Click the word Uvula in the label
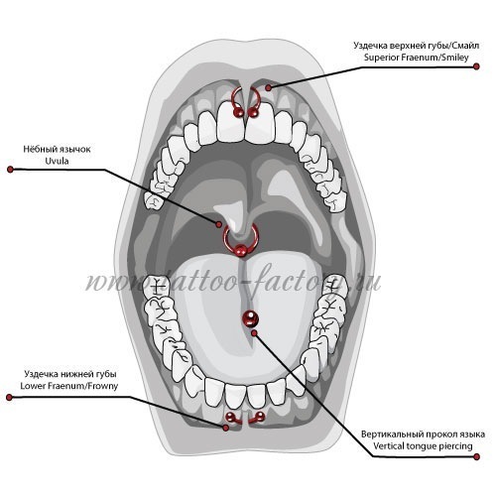click(58, 161)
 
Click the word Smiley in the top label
click(456, 58)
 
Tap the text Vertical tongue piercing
click(423, 445)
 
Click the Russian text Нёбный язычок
click(57, 149)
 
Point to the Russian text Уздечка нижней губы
click(70, 374)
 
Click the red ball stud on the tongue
click(250, 318)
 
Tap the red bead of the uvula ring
click(240, 250)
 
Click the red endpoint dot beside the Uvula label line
click(10, 170)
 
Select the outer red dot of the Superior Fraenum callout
click(476, 66)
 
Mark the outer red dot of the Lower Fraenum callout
click(9, 397)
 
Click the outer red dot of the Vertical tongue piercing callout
click(476, 457)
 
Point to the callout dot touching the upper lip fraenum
click(269, 87)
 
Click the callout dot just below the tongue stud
click(254, 333)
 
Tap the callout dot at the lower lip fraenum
click(226, 428)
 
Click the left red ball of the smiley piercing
click(238, 113)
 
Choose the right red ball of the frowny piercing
click(261, 416)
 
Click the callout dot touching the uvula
click(219, 224)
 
